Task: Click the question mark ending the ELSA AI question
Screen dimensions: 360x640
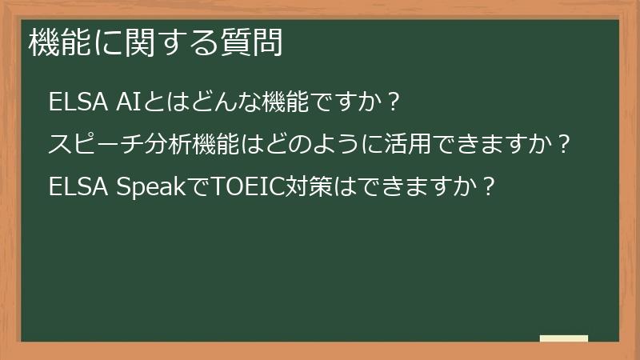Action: coord(391,103)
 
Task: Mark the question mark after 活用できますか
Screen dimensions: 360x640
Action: coord(563,145)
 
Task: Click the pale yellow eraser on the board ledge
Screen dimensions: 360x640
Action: coord(563,338)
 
